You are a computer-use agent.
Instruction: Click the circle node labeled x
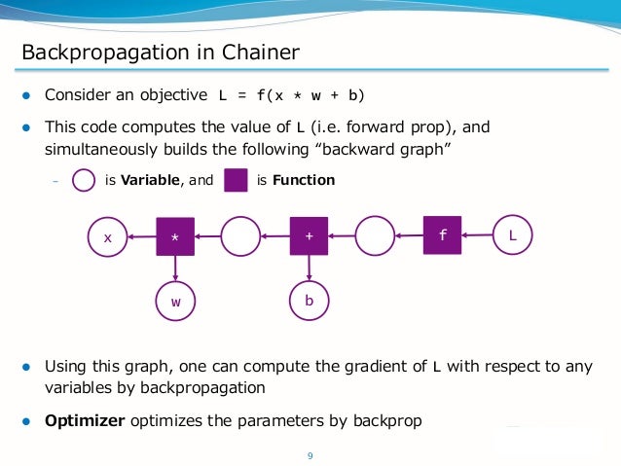click(x=108, y=236)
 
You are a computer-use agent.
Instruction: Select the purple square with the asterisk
click(x=175, y=236)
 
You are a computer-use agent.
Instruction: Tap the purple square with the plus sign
click(x=309, y=236)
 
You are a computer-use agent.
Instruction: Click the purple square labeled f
click(x=442, y=235)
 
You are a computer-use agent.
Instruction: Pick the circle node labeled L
click(x=513, y=235)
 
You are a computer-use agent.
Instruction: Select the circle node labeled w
click(x=176, y=302)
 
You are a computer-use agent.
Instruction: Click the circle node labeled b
click(x=309, y=302)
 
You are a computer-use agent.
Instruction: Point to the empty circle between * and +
click(x=241, y=236)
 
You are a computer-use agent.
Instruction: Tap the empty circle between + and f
click(x=375, y=236)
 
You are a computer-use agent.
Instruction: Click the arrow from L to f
click(x=477, y=235)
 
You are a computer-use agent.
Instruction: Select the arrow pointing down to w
click(x=175, y=269)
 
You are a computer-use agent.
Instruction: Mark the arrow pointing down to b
click(x=309, y=269)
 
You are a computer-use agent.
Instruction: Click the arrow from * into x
click(x=142, y=236)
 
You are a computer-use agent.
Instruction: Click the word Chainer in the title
click(x=260, y=52)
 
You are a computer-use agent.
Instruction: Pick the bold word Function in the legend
click(x=304, y=180)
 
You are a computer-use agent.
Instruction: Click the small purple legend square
click(x=235, y=180)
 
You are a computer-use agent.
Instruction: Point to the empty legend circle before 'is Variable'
click(x=85, y=180)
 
